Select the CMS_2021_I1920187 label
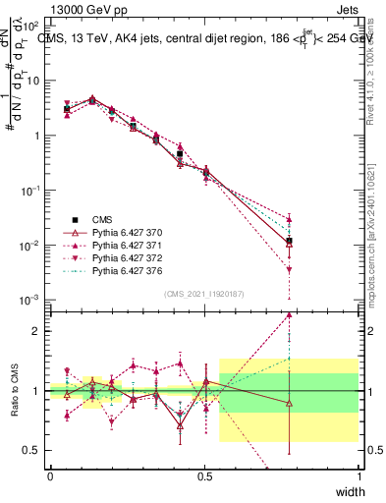[x=204, y=294]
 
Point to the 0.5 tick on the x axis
[x=204, y=475]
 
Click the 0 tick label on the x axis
[x=50, y=475]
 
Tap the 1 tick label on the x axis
[x=358, y=475]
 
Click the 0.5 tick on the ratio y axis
[x=34, y=450]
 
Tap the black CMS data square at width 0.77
[x=289, y=241]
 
